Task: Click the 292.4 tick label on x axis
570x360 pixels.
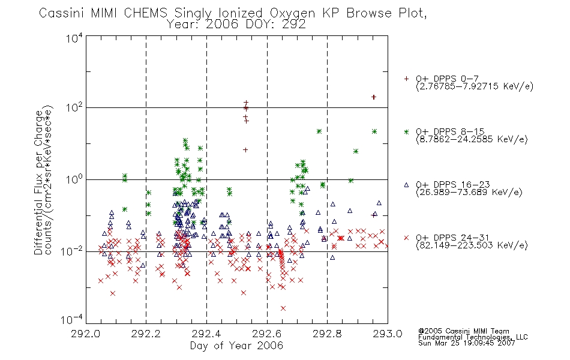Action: [206, 334]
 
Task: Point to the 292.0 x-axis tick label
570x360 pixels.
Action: [85, 334]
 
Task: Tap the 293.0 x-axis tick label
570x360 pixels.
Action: [388, 334]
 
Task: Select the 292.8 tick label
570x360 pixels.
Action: [327, 334]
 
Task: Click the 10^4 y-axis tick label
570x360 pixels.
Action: [74, 38]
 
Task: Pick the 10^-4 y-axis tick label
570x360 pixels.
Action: [72, 319]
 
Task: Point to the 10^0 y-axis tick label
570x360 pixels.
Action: [74, 179]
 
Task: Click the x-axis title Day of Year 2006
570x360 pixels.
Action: [236, 346]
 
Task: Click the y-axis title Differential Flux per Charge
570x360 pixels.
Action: [38, 182]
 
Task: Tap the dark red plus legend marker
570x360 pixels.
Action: [406, 79]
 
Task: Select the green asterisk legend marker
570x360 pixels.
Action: [406, 131]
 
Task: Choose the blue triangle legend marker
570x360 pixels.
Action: [406, 185]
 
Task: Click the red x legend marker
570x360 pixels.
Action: [406, 238]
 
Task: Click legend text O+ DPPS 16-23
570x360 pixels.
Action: [453, 184]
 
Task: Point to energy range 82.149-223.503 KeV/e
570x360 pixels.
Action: [472, 245]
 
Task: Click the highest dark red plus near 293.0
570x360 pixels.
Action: [373, 97]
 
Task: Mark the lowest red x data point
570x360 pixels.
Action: [283, 308]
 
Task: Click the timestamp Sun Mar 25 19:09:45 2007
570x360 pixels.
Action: [466, 343]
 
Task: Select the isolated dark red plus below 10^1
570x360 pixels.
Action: [245, 150]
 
